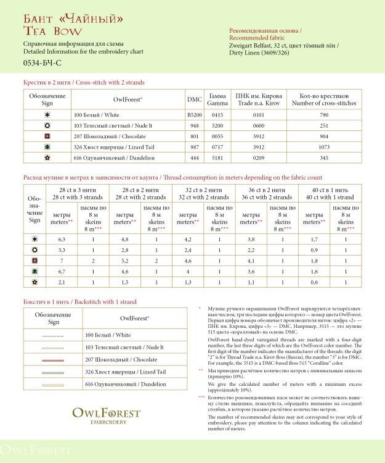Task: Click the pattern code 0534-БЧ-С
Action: pyautogui.click(x=42, y=63)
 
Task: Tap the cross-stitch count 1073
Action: pyautogui.click(x=324, y=148)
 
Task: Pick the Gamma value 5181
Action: pyautogui.click(x=217, y=158)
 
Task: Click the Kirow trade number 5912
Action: pyautogui.click(x=258, y=136)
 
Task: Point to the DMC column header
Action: pyautogui.click(x=194, y=99)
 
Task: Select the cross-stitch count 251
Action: pyautogui.click(x=324, y=125)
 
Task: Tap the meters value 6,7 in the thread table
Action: pyautogui.click(x=62, y=271)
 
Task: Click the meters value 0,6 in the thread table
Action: pyautogui.click(x=314, y=282)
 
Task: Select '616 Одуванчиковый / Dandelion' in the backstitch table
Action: pyautogui.click(x=126, y=384)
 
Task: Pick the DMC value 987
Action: pyautogui.click(x=194, y=148)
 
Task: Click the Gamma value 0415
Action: pyautogui.click(x=217, y=115)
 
